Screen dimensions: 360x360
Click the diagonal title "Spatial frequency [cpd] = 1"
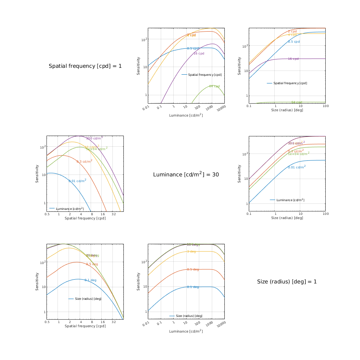click(x=85, y=66)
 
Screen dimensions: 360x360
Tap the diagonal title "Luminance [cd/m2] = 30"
click(x=186, y=174)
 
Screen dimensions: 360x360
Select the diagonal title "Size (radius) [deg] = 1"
click(x=287, y=282)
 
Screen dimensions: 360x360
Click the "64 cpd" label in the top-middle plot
click(x=214, y=86)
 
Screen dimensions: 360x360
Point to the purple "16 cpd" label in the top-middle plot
click(x=201, y=53)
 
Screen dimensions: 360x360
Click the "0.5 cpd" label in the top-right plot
click(x=294, y=42)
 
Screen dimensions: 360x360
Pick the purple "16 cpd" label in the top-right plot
click(x=293, y=59)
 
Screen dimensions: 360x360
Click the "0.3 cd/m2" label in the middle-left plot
click(x=84, y=162)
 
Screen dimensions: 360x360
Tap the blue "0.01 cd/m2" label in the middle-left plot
click(x=77, y=181)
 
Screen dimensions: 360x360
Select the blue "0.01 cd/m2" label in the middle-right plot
click(x=297, y=167)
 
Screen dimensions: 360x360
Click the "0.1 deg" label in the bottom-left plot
click(x=90, y=280)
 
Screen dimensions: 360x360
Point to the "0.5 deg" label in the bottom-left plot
click(x=92, y=264)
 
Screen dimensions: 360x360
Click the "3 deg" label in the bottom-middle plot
click(x=191, y=251)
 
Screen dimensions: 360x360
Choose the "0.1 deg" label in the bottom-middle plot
click(x=193, y=287)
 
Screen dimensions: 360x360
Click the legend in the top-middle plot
click(x=202, y=75)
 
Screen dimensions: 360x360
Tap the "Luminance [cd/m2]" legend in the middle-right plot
click(x=287, y=200)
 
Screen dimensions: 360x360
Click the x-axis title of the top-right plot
click(x=287, y=110)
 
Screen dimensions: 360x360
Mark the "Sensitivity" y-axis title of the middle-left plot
click(x=37, y=174)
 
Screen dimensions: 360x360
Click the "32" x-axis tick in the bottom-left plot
click(x=114, y=322)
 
